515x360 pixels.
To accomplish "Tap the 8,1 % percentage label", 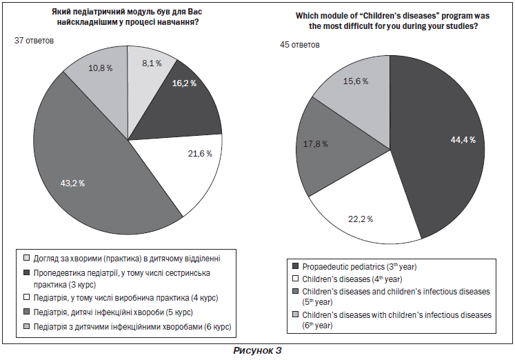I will [152, 63].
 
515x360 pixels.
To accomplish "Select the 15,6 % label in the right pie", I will [354, 81].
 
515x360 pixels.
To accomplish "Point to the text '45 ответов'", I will [300, 45].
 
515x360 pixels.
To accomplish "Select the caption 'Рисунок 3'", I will [257, 350].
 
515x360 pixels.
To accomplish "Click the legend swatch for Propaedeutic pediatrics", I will [295, 266].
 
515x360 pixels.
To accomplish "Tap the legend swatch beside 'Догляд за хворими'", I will [26, 259].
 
